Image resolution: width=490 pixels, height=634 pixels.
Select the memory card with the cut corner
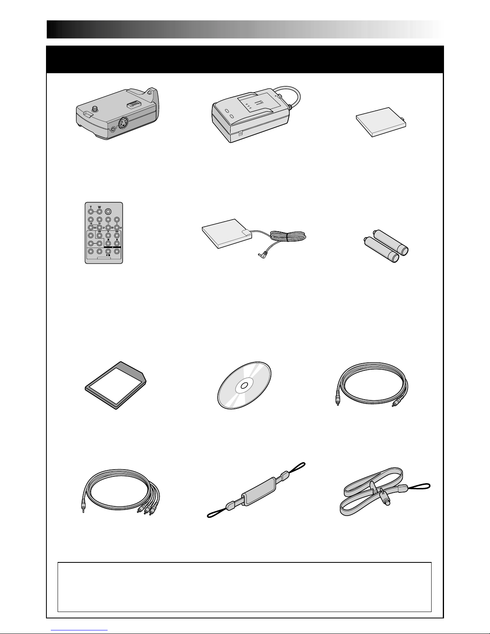116,386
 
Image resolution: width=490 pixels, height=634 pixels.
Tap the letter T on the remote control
91,207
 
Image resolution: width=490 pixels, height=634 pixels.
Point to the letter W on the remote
100,207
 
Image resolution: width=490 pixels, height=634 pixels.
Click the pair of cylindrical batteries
386,246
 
